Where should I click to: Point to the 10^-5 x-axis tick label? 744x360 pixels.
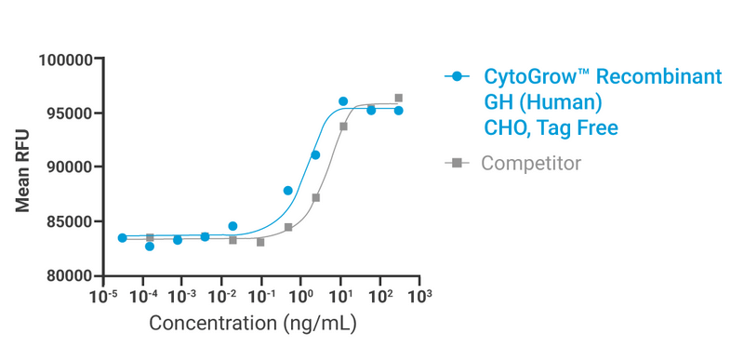click(102, 297)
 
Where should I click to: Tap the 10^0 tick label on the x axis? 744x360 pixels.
click(301, 297)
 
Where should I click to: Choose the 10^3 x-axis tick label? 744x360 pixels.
click(420, 297)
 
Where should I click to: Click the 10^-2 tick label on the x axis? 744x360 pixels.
click(221, 297)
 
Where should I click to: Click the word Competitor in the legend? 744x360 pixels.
click(531, 164)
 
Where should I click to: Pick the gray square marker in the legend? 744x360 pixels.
click(456, 164)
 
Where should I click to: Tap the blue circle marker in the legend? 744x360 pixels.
click(456, 77)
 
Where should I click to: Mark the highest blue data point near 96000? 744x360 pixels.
click(343, 101)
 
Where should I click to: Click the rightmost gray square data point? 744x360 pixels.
click(398, 98)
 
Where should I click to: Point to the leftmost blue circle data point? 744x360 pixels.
click(122, 238)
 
